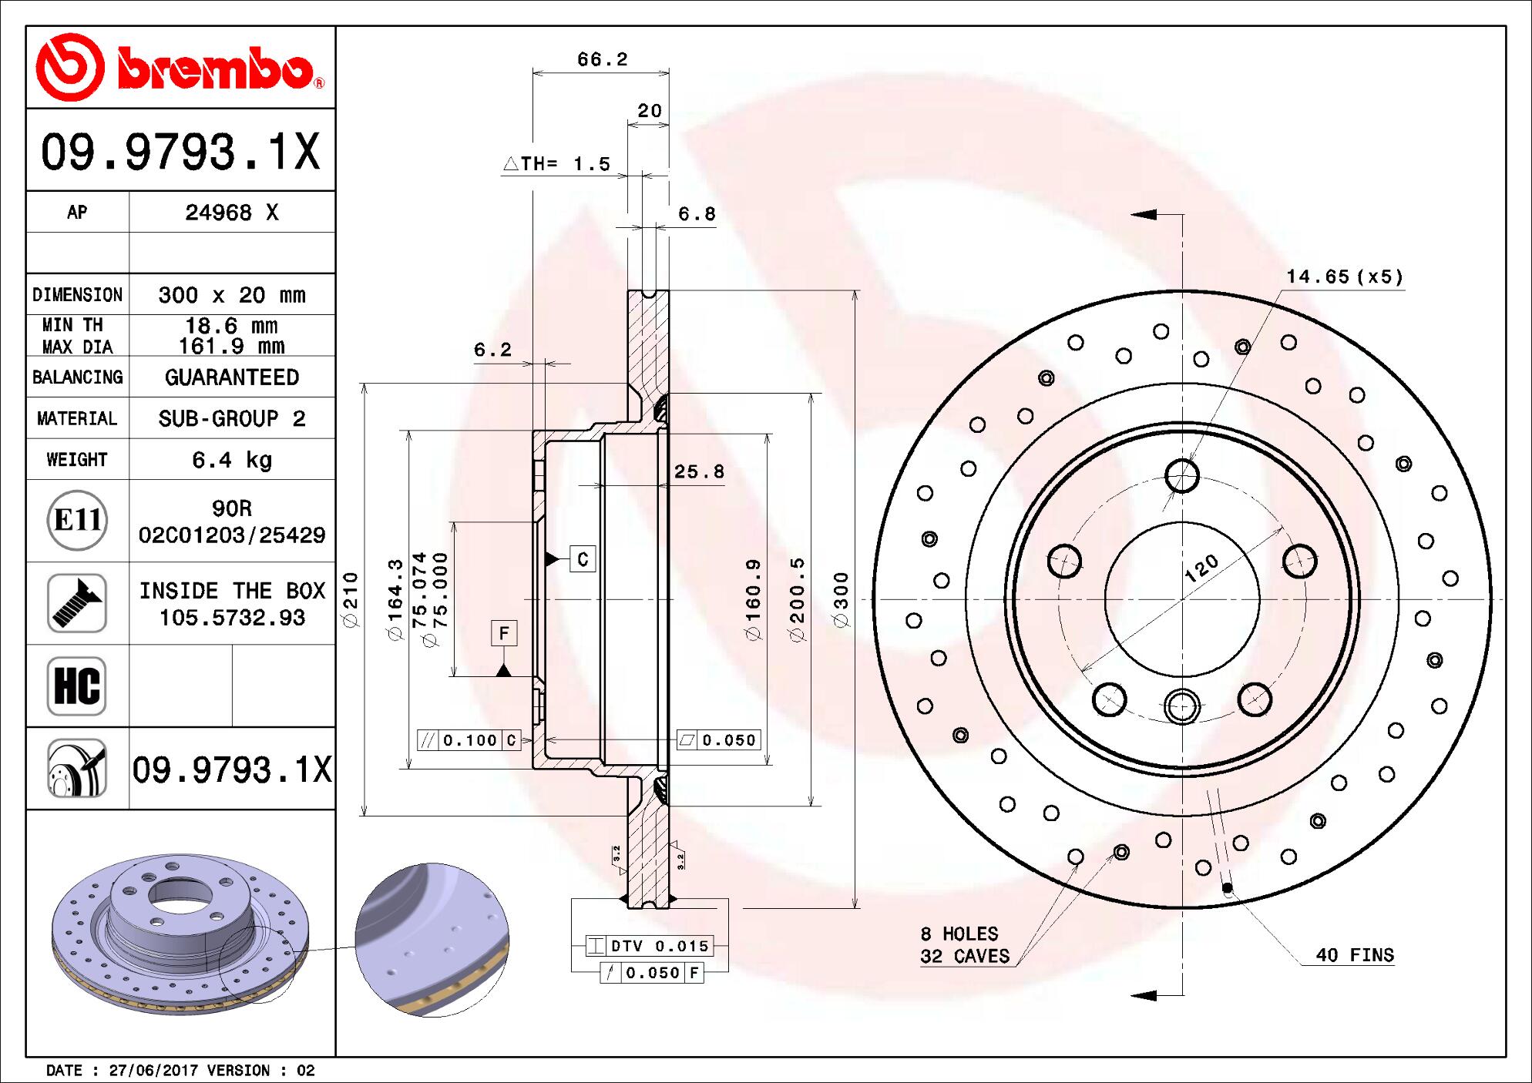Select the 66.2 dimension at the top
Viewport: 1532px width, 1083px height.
602,59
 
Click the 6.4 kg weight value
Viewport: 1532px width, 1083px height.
231,460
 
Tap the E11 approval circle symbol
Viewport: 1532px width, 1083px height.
77,520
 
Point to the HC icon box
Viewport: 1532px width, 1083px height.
77,686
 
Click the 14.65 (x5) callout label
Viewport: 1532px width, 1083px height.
1345,277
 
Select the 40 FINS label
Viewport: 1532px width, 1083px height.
1354,955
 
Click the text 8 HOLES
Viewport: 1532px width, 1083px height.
959,934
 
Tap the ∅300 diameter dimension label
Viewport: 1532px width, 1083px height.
841,599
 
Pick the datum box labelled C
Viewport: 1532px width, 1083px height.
583,558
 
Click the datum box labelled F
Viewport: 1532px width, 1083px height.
504,633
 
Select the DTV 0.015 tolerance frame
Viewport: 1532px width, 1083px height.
649,946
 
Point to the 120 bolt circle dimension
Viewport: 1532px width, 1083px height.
1201,568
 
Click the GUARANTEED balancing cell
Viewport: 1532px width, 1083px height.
231,377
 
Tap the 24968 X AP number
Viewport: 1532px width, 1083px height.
231,213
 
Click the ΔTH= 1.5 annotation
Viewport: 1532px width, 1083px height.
556,163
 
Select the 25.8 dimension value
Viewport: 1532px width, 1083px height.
699,471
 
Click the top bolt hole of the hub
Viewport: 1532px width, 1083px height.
1181,475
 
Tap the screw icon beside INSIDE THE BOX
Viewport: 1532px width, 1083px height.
77,603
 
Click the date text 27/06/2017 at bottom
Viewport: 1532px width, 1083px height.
154,1070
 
